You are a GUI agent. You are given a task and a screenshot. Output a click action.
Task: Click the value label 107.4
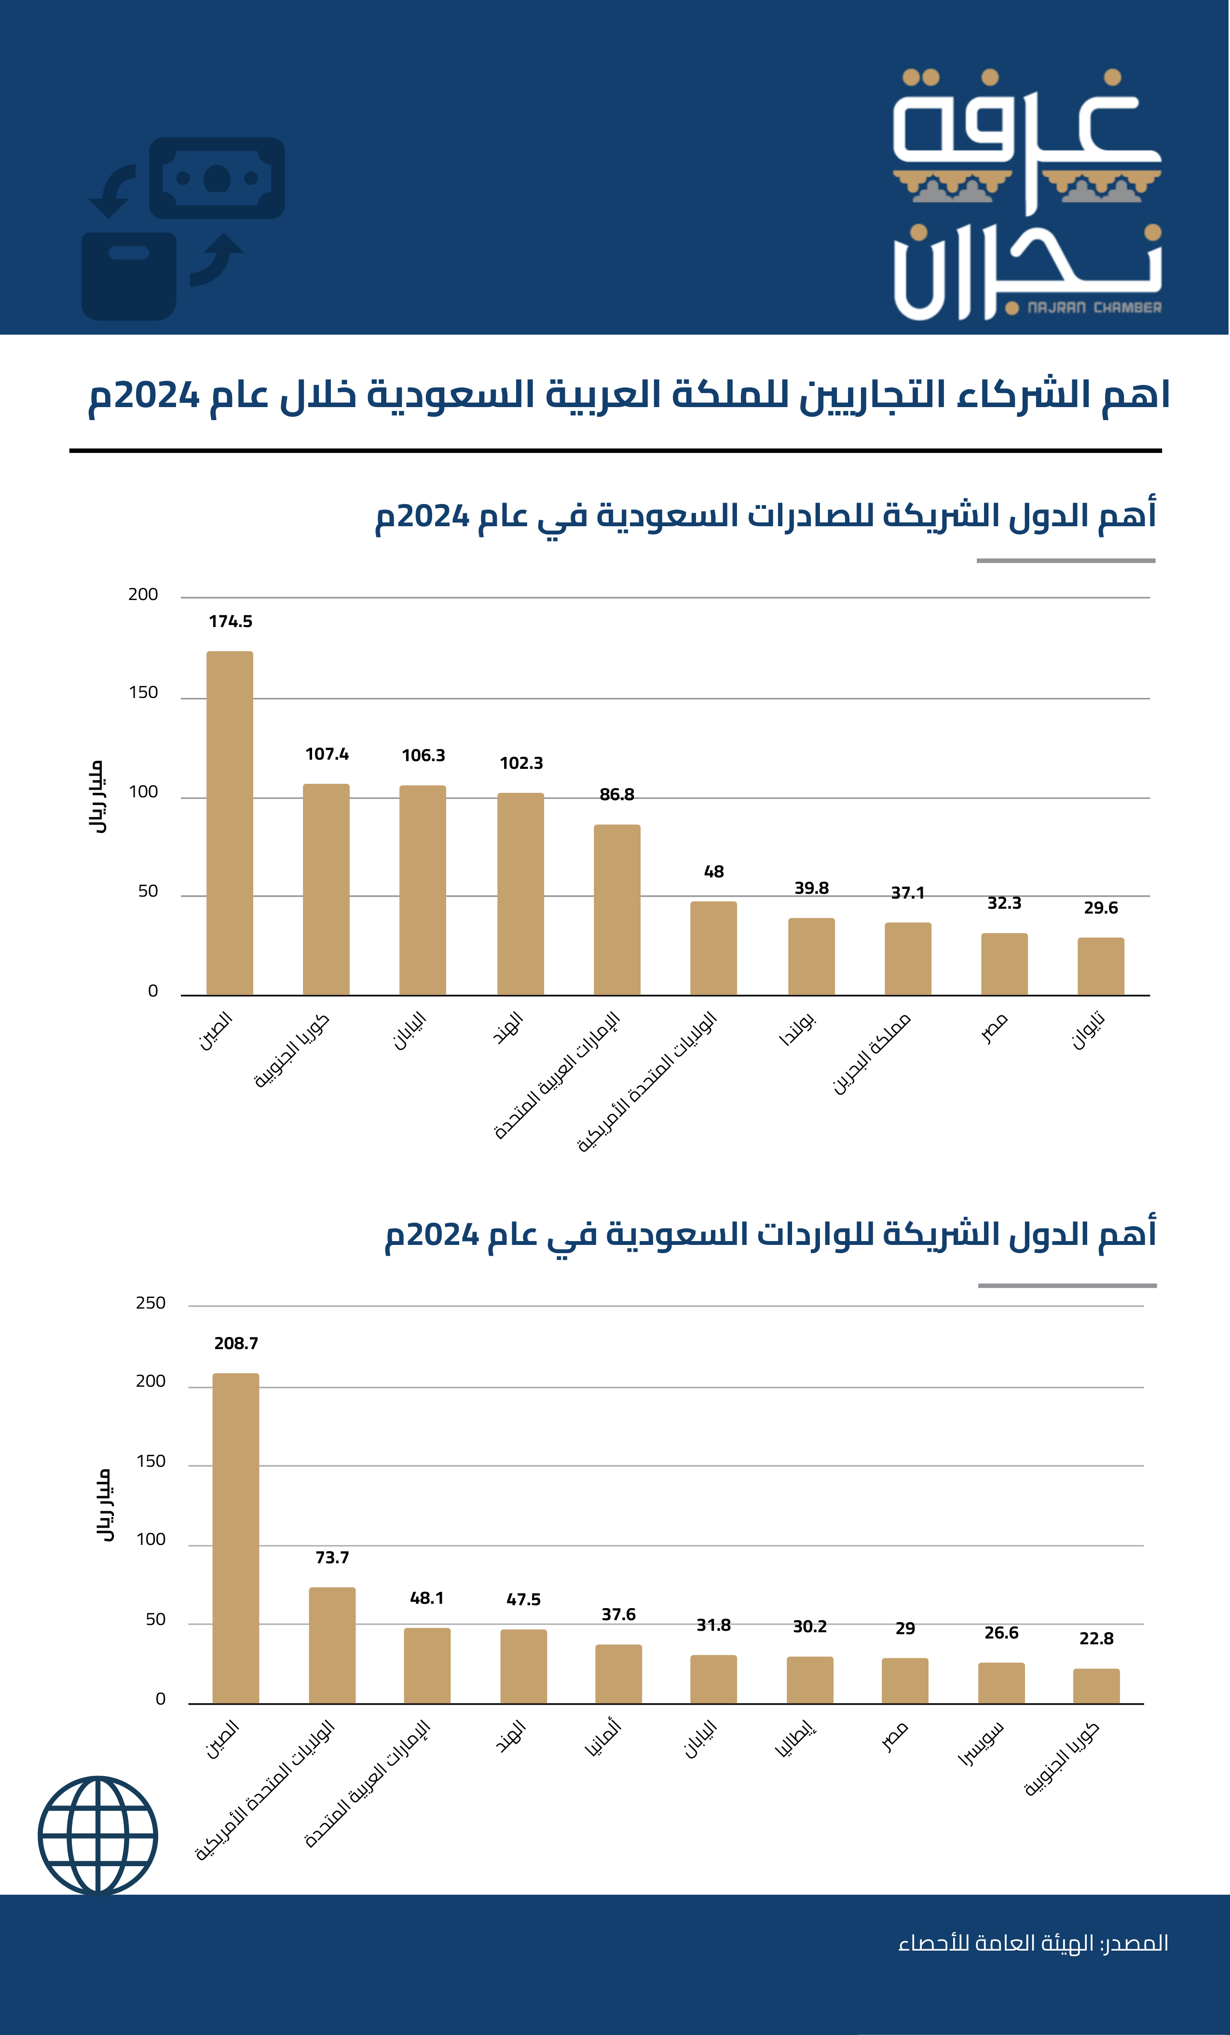[x=327, y=754]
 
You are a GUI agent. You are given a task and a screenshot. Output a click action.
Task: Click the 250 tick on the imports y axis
[x=150, y=1303]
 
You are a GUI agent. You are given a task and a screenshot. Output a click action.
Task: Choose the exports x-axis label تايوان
[x=1089, y=1031]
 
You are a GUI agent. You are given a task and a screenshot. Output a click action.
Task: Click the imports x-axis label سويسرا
[x=982, y=1744]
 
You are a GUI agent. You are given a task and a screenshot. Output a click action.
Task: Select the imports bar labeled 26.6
[x=1001, y=1683]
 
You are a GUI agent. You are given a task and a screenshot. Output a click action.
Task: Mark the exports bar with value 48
[x=714, y=948]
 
